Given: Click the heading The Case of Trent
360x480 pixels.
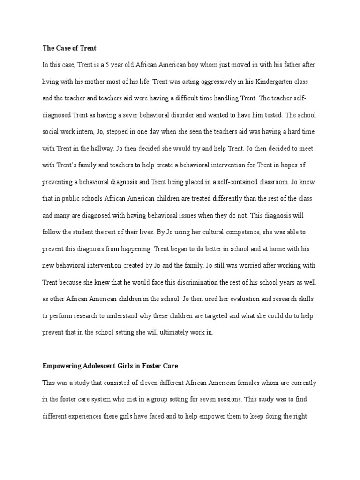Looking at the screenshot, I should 69,48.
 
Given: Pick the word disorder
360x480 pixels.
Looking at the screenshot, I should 184,115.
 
